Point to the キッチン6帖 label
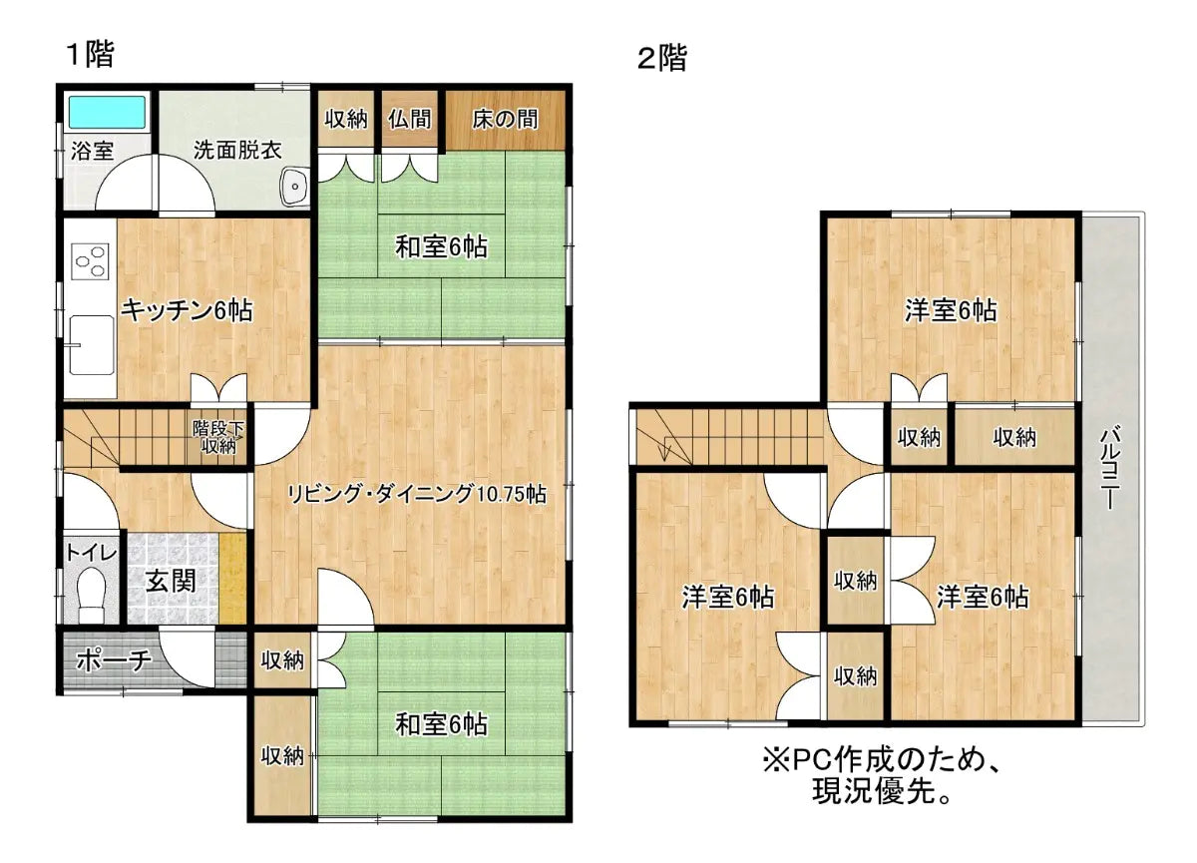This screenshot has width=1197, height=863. [x=187, y=310]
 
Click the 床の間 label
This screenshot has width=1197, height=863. [x=505, y=120]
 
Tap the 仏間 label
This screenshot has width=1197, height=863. [x=410, y=120]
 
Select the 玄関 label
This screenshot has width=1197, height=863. [x=172, y=581]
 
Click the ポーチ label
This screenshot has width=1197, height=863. [x=113, y=660]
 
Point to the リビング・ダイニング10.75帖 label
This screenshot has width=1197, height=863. [x=417, y=493]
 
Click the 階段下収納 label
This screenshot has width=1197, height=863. [x=215, y=437]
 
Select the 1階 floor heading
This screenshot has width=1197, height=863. [x=89, y=54]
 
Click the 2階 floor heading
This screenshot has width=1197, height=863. [x=661, y=59]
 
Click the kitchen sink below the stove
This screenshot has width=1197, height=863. [x=92, y=343]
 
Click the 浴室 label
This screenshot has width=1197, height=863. [x=91, y=152]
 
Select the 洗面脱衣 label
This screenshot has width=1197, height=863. [x=236, y=152]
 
